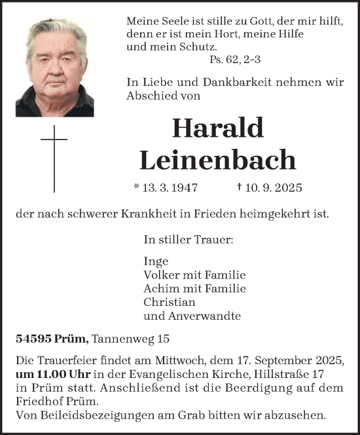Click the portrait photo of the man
pyautogui.click(x=54, y=67)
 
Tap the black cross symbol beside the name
pyautogui.click(x=54, y=155)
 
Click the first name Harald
pyautogui.click(x=217, y=128)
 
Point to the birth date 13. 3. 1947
pyautogui.click(x=164, y=188)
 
